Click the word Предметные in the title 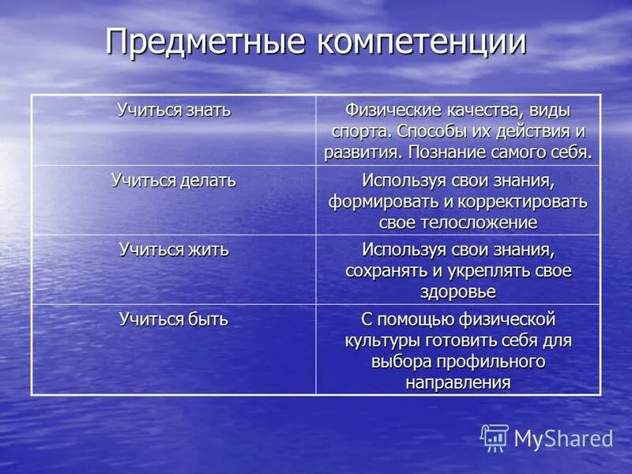[207, 42]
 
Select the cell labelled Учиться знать [174, 111]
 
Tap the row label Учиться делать [174, 180]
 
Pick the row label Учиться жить [174, 250]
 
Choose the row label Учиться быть [174, 319]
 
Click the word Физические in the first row [390, 111]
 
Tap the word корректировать [520, 201]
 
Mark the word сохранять [385, 270]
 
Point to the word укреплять [491, 270]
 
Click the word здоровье [457, 292]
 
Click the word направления [457, 382]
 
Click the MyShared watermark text [563, 438]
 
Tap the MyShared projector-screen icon [495, 438]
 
